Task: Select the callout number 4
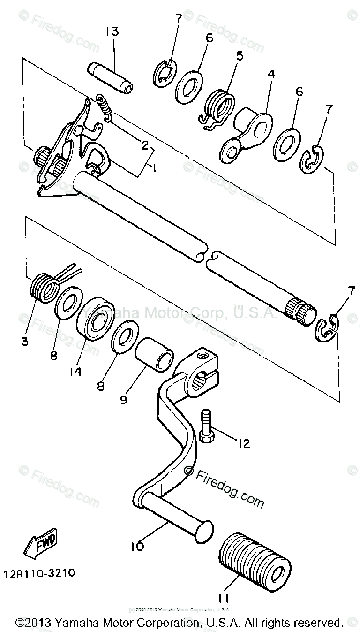click(271, 75)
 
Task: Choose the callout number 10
click(137, 547)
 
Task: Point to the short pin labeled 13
click(111, 77)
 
